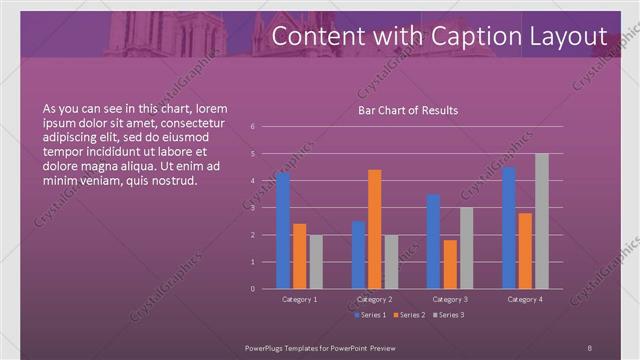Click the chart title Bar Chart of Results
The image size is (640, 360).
pos(408,111)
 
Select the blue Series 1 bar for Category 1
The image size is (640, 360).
pos(283,230)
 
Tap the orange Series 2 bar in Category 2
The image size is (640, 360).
pos(375,229)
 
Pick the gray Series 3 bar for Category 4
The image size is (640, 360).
pos(541,221)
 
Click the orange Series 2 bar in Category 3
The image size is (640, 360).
pos(450,264)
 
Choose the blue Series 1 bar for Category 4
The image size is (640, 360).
pos(509,227)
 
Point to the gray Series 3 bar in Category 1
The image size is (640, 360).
pos(316,261)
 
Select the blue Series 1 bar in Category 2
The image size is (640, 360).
pos(358,254)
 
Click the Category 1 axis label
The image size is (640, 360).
pos(300,299)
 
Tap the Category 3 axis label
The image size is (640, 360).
pos(450,299)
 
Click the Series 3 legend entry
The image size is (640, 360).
pos(448,315)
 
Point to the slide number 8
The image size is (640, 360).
pos(589,346)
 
